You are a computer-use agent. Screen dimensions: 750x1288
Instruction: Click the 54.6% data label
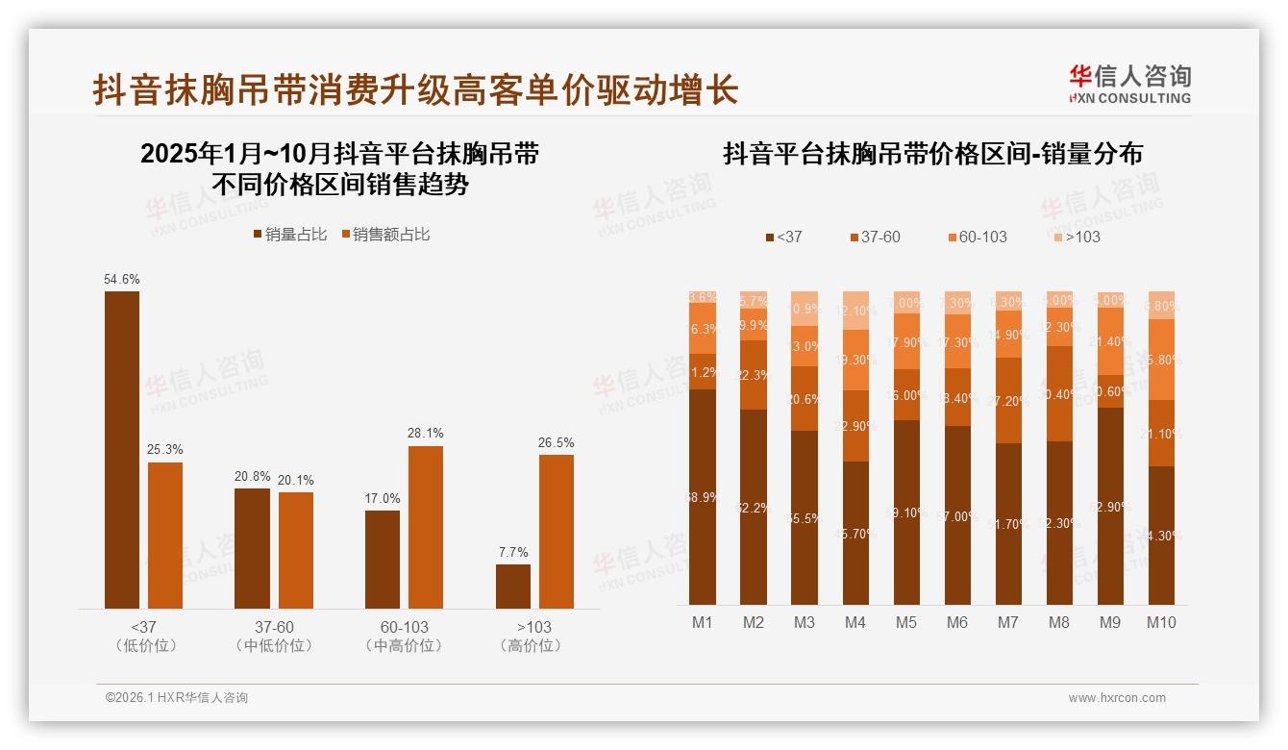(x=122, y=279)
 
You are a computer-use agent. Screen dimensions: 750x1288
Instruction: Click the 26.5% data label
(x=557, y=442)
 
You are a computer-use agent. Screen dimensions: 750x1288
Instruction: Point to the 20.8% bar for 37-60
(x=253, y=548)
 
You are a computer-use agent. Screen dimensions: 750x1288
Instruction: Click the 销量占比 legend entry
(x=289, y=235)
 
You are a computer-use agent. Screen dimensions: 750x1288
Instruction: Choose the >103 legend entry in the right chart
(x=1076, y=237)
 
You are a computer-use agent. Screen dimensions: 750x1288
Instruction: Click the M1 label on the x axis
(x=703, y=622)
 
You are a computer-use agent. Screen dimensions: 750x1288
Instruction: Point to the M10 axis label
(x=1161, y=622)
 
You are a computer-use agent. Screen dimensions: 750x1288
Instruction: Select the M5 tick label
(x=906, y=622)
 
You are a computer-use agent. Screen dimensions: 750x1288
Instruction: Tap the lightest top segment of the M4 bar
(x=855, y=311)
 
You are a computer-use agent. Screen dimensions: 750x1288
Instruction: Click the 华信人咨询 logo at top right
(x=1129, y=84)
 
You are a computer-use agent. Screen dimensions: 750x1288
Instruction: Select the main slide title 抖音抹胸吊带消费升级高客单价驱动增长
(x=415, y=90)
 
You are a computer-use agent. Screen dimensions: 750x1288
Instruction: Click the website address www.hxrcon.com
(x=1117, y=698)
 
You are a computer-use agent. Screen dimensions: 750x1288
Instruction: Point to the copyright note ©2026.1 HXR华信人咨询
(x=177, y=698)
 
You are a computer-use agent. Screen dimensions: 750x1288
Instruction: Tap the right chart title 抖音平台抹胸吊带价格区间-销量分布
(x=932, y=154)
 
